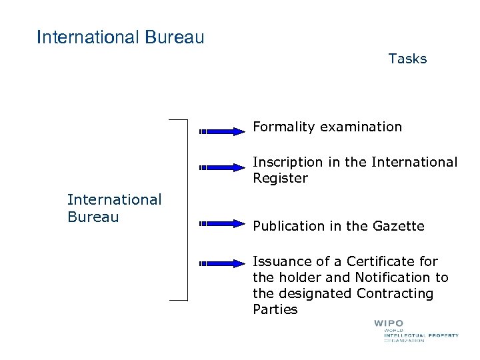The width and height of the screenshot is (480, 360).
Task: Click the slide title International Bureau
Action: (121, 37)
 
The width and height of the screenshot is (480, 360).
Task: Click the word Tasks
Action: (407, 59)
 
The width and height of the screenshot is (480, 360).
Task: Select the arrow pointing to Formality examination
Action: (223, 132)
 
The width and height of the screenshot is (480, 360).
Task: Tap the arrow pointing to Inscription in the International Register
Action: (223, 167)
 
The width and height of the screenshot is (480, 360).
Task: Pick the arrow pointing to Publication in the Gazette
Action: (223, 223)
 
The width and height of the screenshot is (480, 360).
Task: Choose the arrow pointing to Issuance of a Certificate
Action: (223, 263)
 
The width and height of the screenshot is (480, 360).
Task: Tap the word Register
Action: (280, 178)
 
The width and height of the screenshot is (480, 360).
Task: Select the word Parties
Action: (275, 309)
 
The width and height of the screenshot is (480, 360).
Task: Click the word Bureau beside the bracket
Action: (93, 217)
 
